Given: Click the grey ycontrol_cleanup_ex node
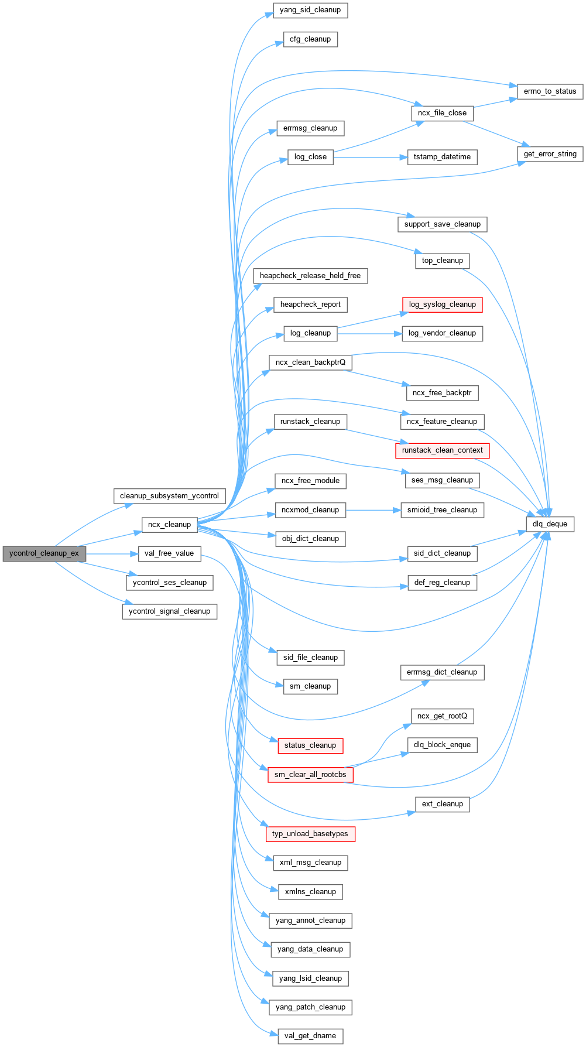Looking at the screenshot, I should pos(44,553).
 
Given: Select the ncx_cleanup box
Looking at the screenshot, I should pos(169,525).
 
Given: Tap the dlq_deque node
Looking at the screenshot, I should pos(550,524).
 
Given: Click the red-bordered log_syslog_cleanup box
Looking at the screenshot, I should pos(442,304).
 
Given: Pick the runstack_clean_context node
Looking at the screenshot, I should pos(442,450).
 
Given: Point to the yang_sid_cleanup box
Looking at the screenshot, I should pos(310,10).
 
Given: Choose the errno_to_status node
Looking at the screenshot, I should pos(550,91).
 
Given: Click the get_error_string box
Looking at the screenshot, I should pos(550,154).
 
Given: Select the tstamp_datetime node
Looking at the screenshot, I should pos(442,157).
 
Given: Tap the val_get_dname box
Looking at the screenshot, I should pos(310,1036).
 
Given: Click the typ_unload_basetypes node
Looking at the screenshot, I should pos(310,834).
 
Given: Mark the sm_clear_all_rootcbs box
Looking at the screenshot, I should pos(310,775).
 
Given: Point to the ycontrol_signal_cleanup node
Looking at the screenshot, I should pos(169,611).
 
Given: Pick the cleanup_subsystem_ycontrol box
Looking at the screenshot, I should pos(169,496).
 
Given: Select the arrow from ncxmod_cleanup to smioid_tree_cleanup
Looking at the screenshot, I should pos(373,510).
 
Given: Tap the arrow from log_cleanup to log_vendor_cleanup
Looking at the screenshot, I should pos(369,333).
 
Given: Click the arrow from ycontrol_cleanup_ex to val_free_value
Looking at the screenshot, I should pos(112,553).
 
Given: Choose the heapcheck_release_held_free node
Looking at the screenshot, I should pos(310,276).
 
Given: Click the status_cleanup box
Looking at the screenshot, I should pos(310,745).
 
